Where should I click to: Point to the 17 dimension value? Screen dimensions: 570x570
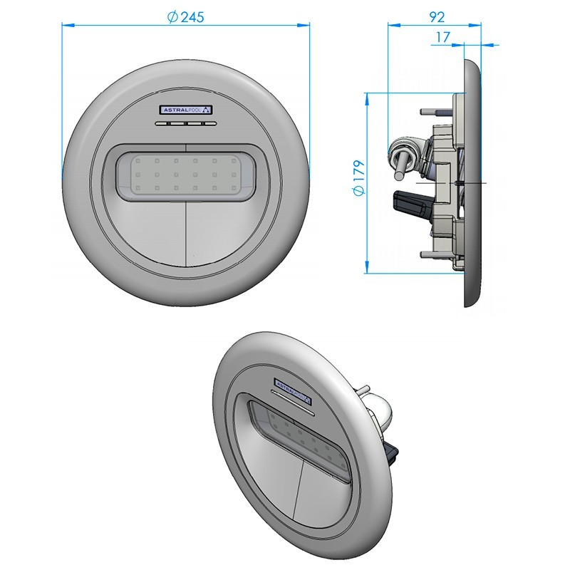[x=442, y=36]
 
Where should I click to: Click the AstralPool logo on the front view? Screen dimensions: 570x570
[x=185, y=110]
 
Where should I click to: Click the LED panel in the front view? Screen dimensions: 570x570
[x=185, y=175]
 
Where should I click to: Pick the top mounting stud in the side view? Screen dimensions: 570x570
[x=430, y=111]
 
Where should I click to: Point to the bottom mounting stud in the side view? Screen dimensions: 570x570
[x=430, y=253]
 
